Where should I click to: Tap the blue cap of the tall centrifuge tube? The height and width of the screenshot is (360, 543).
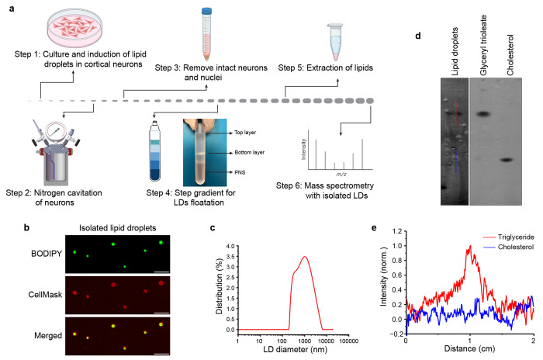207,11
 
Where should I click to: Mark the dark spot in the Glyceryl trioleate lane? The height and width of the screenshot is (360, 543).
484,114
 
